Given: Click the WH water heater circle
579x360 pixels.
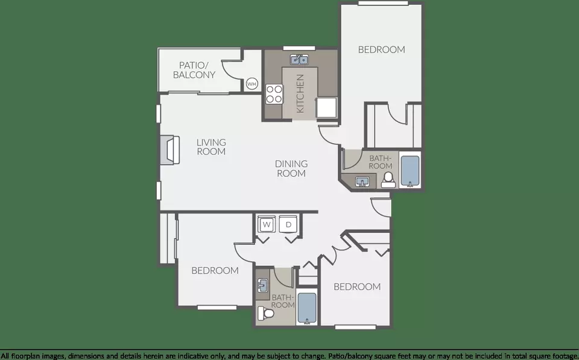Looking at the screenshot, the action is point(252,84).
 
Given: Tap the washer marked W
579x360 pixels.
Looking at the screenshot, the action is point(267,224).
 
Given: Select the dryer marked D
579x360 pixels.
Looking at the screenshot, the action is point(288,224).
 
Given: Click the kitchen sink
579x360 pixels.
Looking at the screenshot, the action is point(300,60).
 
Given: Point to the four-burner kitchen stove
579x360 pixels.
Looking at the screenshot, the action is point(274,94).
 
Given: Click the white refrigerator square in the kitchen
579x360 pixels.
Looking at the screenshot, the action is point(326,107).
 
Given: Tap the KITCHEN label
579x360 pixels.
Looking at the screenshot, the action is point(300,93).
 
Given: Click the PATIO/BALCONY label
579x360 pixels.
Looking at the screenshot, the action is point(194,70).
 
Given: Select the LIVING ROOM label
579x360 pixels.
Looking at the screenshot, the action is point(211,147).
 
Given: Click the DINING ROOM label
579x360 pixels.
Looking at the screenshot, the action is point(291,168).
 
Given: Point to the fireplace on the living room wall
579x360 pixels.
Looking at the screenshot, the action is point(170,150).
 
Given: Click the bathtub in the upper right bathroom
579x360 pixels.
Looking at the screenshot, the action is point(410,171).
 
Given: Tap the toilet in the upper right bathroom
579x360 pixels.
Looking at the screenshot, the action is point(388,180).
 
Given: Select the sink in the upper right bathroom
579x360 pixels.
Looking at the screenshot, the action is point(362,182).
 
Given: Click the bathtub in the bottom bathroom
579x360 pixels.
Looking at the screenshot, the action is point(307,308).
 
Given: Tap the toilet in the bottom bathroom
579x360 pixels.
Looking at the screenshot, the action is point(266,314).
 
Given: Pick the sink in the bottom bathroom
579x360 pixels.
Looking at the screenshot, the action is point(262,285).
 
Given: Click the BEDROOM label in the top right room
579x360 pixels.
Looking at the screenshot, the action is point(381,49).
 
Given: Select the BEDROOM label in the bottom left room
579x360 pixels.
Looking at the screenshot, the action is point(215,271).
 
